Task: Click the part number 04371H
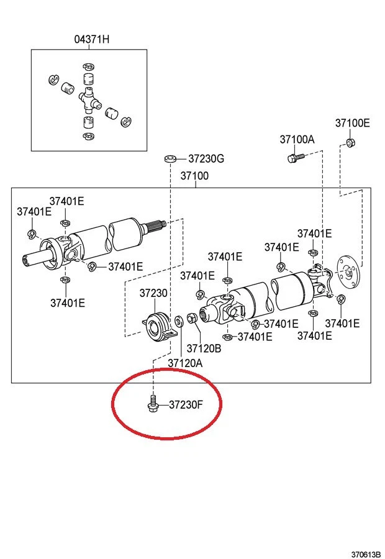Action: (x=91, y=39)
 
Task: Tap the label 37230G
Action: (x=206, y=158)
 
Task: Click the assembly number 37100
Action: (x=194, y=176)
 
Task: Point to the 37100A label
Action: (x=297, y=140)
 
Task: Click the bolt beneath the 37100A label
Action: (x=294, y=158)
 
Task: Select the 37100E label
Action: (x=352, y=123)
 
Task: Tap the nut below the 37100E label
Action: (x=350, y=142)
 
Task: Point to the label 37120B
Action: (x=204, y=348)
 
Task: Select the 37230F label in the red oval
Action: (x=186, y=406)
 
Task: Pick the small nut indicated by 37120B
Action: (x=192, y=319)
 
